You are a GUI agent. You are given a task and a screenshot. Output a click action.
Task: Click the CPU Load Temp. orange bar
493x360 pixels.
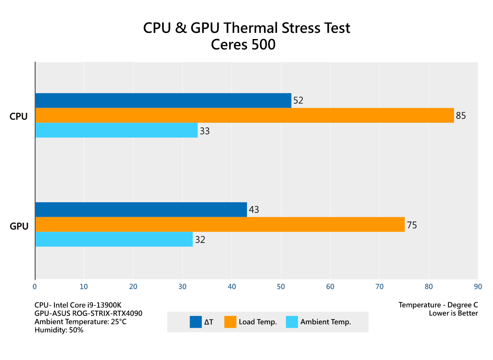(x=244, y=115)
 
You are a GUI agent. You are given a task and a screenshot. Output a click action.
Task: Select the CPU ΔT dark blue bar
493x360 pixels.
(x=163, y=101)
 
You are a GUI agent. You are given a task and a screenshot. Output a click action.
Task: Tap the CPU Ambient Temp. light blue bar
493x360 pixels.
(x=116, y=130)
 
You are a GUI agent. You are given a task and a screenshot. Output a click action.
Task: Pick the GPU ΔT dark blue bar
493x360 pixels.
(x=141, y=210)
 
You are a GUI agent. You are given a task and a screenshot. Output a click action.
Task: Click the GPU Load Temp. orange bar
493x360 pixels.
(x=220, y=224)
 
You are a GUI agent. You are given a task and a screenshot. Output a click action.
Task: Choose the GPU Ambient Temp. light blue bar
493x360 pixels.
(x=114, y=239)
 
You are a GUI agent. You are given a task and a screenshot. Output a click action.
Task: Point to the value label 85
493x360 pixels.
(x=461, y=116)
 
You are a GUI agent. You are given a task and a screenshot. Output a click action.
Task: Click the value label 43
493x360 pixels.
(x=254, y=210)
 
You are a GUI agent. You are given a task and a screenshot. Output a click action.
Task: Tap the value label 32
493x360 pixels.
(x=200, y=240)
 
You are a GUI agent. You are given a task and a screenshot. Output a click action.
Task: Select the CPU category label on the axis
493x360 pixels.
(x=19, y=117)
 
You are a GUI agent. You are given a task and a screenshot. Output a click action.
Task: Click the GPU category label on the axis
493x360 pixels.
(x=19, y=226)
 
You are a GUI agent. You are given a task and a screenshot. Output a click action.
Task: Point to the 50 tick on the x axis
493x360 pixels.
(x=281, y=286)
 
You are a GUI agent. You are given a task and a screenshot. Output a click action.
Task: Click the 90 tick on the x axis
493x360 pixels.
(x=478, y=286)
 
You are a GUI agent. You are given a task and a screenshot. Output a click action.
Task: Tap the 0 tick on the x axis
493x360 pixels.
(x=35, y=286)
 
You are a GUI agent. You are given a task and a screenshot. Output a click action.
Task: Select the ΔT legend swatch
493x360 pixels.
(x=195, y=322)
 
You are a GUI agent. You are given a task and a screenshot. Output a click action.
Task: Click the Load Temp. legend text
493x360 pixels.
(x=258, y=322)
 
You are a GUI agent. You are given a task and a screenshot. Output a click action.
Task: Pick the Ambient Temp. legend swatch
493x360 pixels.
(x=292, y=322)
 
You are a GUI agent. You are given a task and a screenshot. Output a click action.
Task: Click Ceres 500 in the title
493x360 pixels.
(x=243, y=45)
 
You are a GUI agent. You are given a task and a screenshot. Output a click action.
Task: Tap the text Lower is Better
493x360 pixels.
(x=453, y=313)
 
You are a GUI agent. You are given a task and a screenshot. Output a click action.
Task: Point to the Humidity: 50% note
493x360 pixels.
(x=59, y=330)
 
